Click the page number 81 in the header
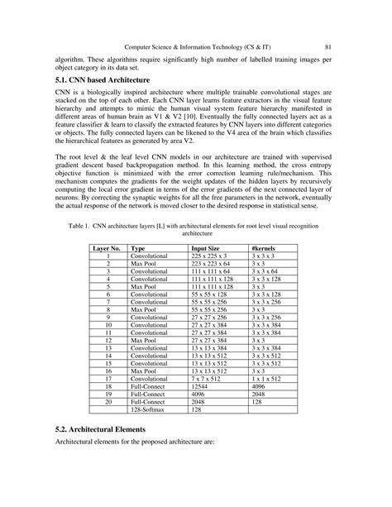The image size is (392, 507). [328, 46]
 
